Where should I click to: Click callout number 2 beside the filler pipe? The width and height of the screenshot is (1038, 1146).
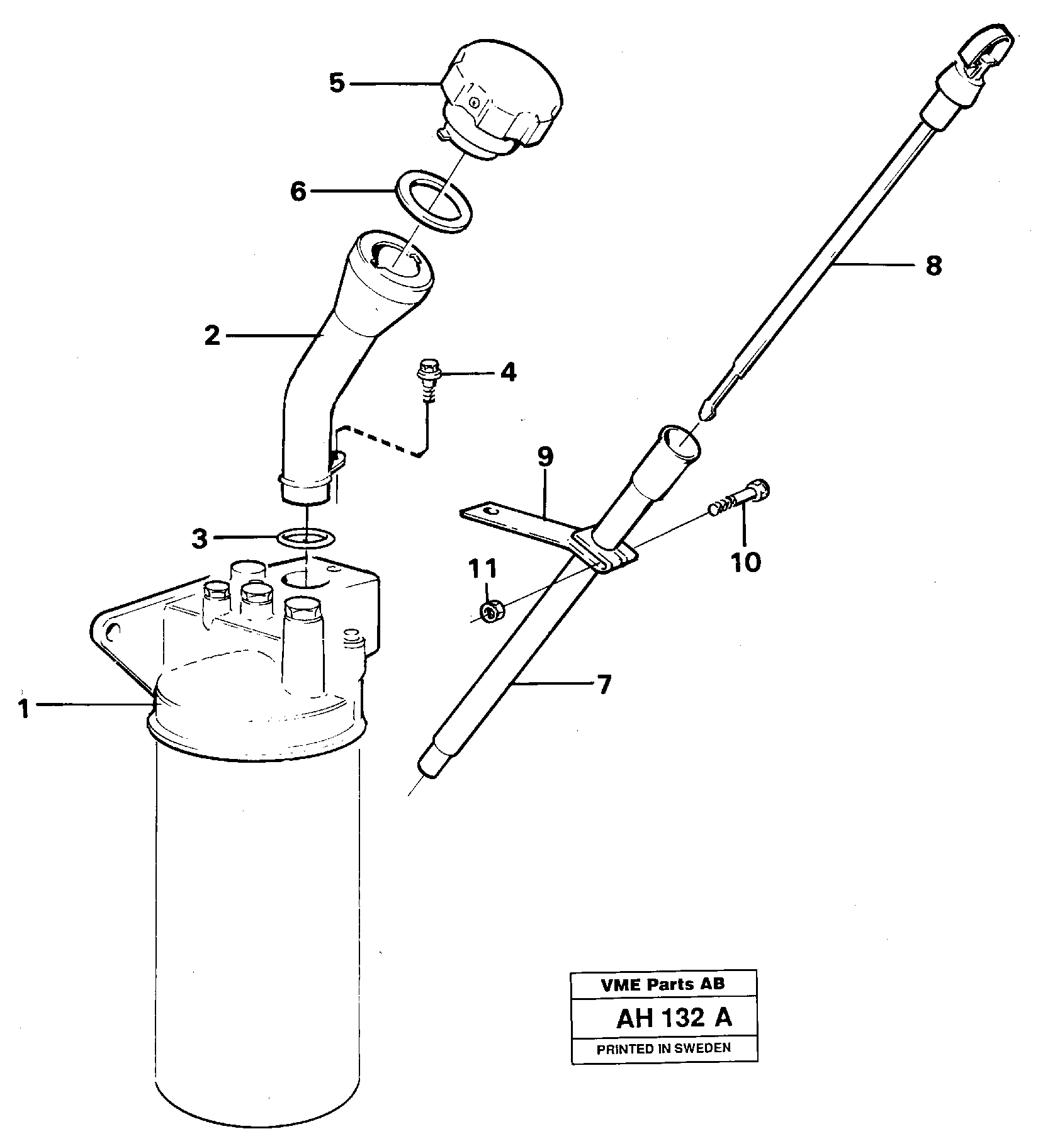[213, 336]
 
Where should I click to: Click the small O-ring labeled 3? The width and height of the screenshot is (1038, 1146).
[306, 538]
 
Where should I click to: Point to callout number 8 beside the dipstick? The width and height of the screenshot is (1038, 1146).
[934, 266]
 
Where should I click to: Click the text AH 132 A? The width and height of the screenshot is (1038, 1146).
[674, 1018]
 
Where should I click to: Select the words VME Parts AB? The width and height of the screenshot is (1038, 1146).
[663, 985]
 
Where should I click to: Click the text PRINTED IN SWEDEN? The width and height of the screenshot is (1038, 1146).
[663, 1048]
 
